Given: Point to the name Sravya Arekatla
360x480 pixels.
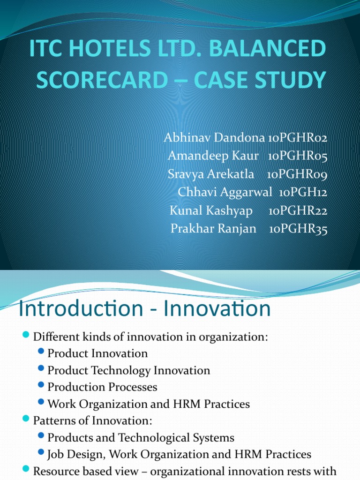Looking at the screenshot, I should click(x=210, y=174).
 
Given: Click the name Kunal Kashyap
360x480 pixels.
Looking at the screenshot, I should click(x=211, y=210).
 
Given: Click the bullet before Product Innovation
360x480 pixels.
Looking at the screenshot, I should click(x=42, y=352).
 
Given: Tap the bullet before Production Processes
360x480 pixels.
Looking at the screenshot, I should click(x=42, y=386).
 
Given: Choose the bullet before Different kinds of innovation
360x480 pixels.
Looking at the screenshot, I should click(x=26, y=336).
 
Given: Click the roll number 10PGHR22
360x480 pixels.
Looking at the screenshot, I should click(x=298, y=210).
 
